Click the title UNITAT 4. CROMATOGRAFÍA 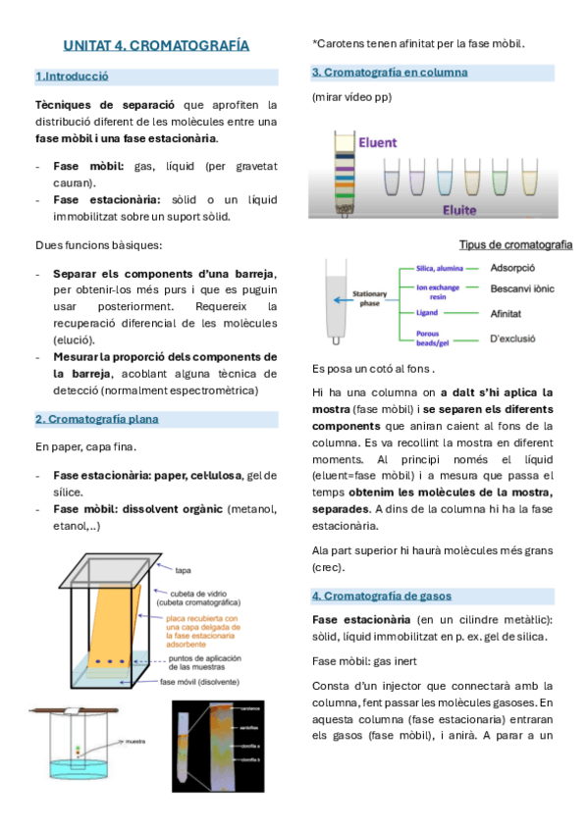tap(156, 45)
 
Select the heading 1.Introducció tap(72, 76)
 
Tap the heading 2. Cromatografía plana tap(96, 419)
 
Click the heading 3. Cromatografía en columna tap(390, 73)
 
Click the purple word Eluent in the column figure tap(377, 142)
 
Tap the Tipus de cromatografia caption tap(515, 244)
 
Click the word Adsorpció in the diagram tap(513, 266)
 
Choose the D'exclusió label tap(518, 339)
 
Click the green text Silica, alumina tap(440, 267)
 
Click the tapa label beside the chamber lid tap(183, 569)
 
